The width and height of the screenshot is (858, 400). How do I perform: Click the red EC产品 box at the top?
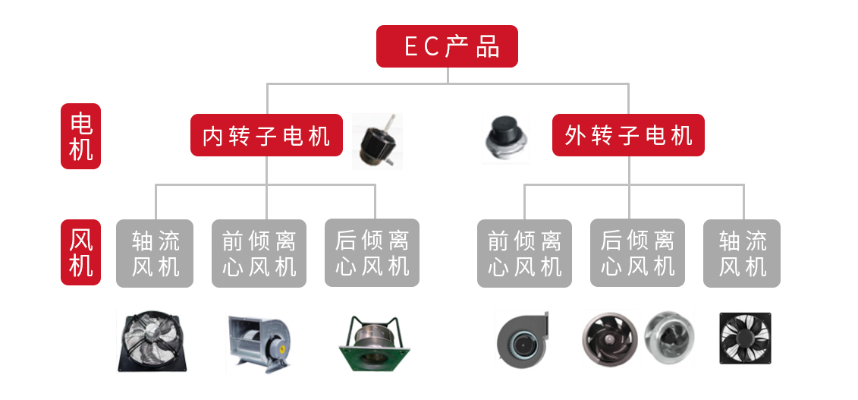pos(448,46)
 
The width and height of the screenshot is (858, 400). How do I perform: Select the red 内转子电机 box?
pos(266,135)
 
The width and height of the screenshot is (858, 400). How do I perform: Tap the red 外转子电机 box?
pos(628,135)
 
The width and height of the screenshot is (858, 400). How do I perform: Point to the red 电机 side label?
pos(80,136)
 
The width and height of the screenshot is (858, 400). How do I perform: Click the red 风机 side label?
pos(80,252)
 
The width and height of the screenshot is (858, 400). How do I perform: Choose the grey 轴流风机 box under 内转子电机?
pos(155,254)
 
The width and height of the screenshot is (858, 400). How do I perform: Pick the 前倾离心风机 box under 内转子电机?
pos(259,254)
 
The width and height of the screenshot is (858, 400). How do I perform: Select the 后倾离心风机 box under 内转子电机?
pos(372,254)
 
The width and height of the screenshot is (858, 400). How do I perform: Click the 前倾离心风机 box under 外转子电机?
pos(524,254)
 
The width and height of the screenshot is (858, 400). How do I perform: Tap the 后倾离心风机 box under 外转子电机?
pos(637,254)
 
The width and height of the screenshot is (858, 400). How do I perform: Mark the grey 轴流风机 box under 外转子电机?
pos(742,254)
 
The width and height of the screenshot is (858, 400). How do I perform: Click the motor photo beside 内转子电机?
pos(377,141)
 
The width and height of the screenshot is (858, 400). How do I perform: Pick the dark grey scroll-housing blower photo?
pos(522,339)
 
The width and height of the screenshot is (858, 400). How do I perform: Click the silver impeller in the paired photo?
pos(668,336)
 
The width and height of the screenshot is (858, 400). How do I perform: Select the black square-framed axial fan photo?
pos(743,339)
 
